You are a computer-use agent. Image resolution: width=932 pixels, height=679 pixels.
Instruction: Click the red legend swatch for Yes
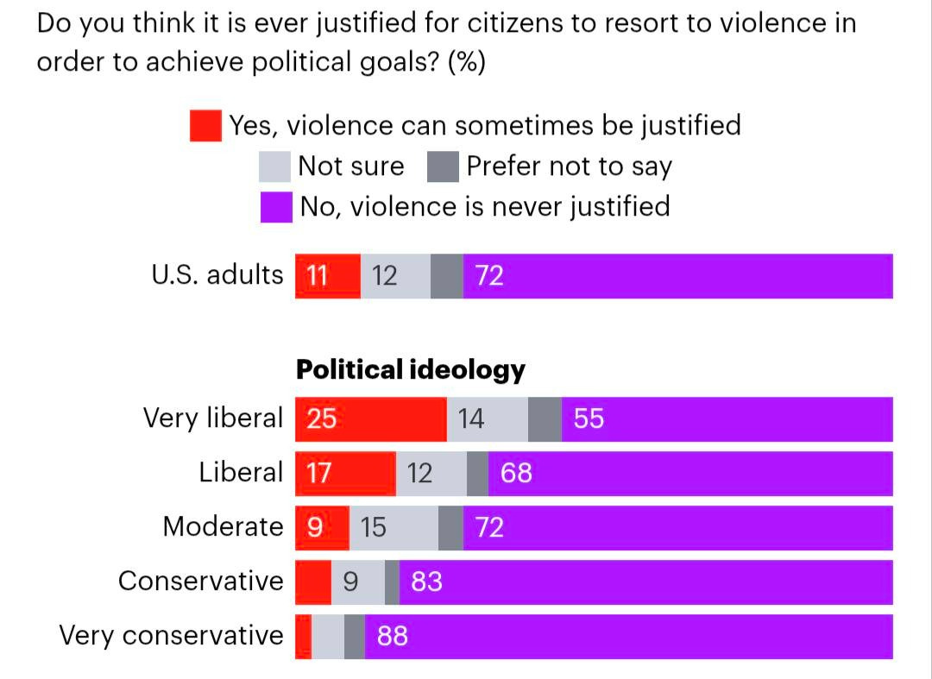206,125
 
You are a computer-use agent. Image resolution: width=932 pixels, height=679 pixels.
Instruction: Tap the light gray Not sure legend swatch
275,167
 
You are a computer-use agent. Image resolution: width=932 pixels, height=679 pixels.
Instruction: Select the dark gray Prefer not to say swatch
442,167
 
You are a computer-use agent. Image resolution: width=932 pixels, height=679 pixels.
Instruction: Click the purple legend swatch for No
276,207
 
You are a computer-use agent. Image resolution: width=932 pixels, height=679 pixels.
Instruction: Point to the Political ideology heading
410,369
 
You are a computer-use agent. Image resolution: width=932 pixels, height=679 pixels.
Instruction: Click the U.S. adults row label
217,274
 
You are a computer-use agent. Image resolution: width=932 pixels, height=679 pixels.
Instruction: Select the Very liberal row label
212,418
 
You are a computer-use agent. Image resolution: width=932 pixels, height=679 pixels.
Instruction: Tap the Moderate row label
223,526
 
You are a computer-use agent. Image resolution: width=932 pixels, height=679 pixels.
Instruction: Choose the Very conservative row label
171,636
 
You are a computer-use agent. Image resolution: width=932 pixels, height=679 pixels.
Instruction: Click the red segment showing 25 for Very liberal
371,419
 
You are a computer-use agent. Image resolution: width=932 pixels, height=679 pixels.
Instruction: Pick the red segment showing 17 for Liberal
345,474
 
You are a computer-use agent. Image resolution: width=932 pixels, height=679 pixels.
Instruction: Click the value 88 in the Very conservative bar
393,637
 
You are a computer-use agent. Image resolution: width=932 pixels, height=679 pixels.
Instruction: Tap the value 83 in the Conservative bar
426,582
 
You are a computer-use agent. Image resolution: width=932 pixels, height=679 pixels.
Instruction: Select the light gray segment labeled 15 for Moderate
394,528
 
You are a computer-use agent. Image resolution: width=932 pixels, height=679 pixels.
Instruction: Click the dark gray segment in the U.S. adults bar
446,276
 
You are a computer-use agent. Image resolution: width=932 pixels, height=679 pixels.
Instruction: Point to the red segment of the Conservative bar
313,582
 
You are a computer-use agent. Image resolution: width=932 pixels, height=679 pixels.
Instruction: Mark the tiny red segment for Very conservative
303,637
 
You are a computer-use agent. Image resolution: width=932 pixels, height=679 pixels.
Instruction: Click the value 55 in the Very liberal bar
589,419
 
